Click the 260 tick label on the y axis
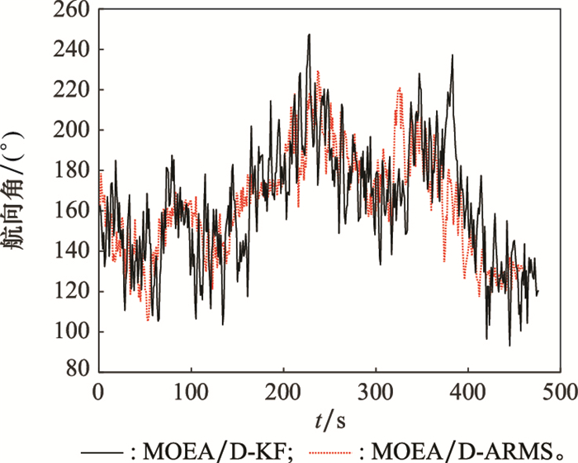click(74, 11)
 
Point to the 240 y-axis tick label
click(74, 50)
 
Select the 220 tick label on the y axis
click(74, 90)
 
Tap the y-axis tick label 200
click(74, 131)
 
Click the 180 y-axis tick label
click(74, 171)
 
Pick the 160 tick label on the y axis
click(74, 211)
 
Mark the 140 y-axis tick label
click(74, 251)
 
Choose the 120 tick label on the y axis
click(74, 292)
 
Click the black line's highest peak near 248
click(309, 35)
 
